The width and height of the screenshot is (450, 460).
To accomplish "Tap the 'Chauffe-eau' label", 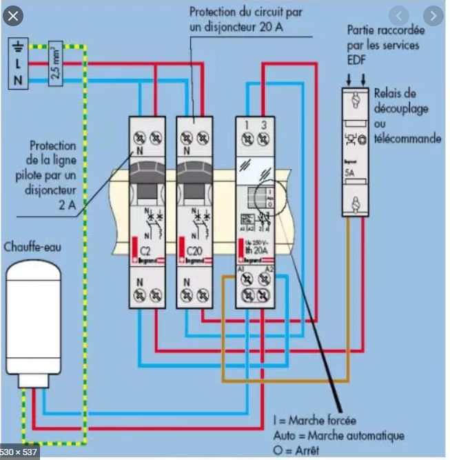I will click(x=33, y=246).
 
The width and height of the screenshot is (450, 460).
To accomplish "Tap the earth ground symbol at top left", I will click(x=19, y=46).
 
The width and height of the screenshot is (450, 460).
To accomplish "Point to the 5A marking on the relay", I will click(x=351, y=174).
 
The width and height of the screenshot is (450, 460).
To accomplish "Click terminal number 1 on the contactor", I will click(x=246, y=126).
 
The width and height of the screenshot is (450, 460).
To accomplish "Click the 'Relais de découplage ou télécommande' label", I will click(x=406, y=116).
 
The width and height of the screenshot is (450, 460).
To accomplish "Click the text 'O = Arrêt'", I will click(x=294, y=450).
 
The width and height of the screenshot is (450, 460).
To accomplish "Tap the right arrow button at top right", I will click(x=432, y=15).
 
